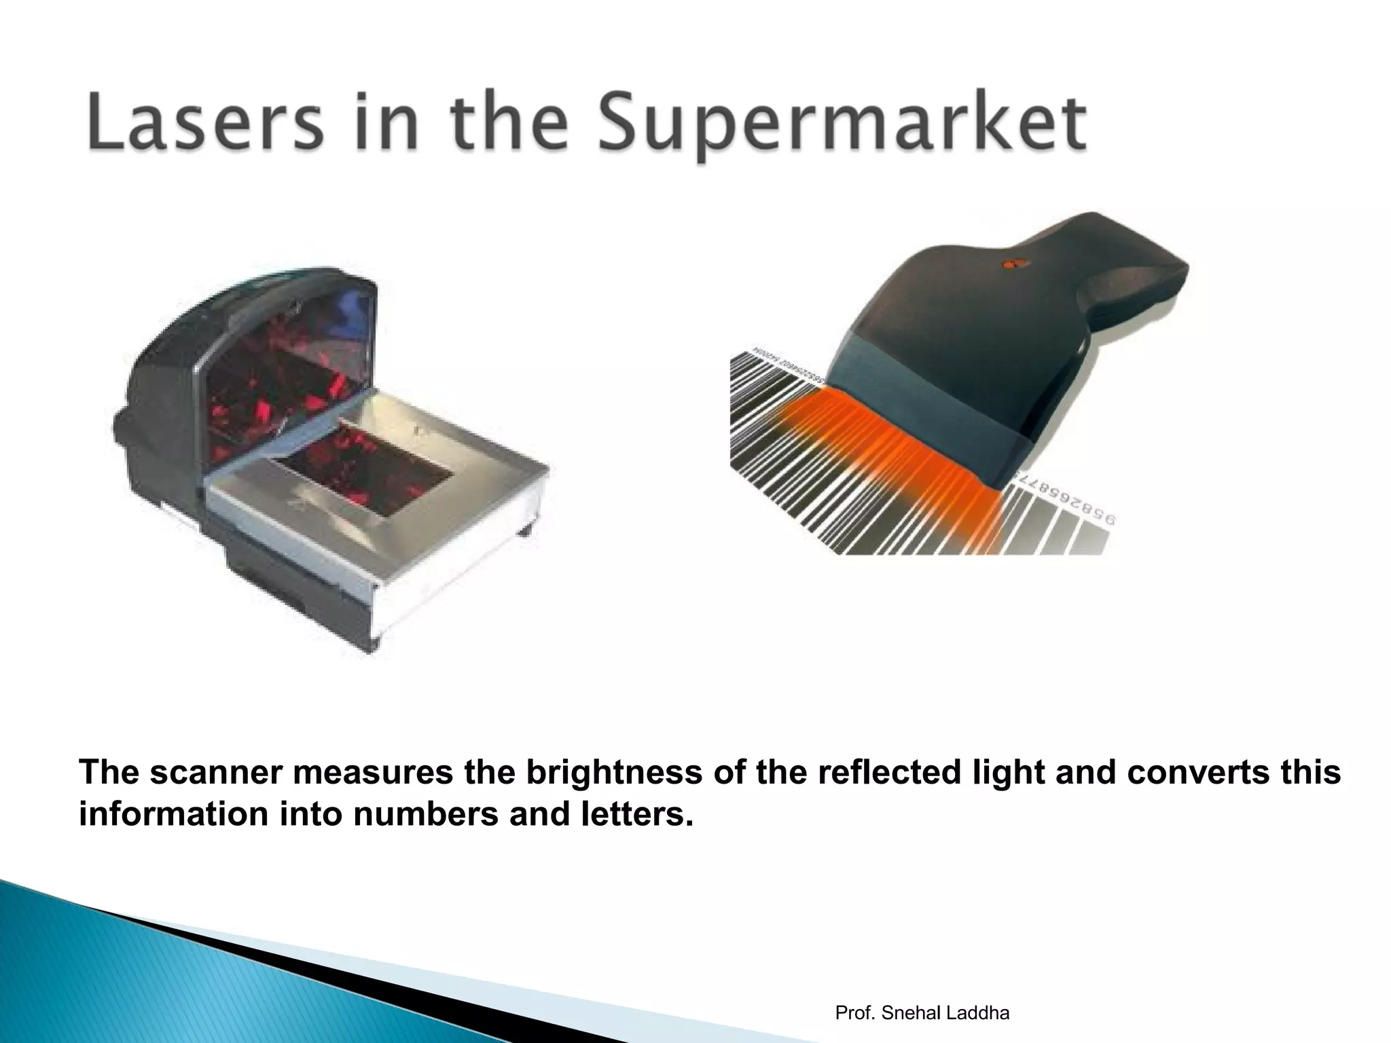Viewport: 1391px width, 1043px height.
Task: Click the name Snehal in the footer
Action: (x=909, y=1013)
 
